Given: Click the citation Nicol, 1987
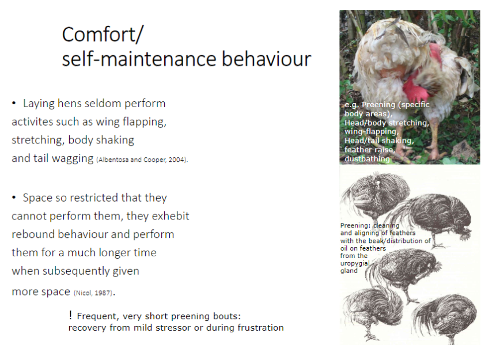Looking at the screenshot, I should (92, 293).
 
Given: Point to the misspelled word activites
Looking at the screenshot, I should (34, 122).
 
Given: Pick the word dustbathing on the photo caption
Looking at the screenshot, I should (367, 159).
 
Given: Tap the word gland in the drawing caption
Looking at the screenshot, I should (349, 271).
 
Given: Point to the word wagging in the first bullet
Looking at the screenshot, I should (74, 158).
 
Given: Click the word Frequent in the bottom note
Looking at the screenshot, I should (96, 316).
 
